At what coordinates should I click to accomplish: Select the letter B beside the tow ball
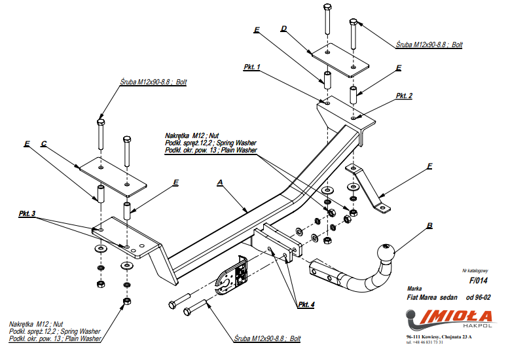click(x=429, y=226)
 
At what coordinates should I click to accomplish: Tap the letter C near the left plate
click(x=43, y=143)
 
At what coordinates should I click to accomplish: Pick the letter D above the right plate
click(x=284, y=29)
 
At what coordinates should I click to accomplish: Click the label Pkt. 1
click(x=251, y=67)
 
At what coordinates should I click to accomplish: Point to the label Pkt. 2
click(x=404, y=96)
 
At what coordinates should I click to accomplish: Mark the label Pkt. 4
click(x=306, y=305)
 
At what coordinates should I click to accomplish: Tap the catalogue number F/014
click(x=479, y=280)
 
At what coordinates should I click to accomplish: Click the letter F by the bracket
click(x=429, y=166)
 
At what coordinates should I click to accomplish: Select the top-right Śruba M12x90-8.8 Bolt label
click(x=429, y=45)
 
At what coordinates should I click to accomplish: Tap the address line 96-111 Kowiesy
click(x=438, y=336)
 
